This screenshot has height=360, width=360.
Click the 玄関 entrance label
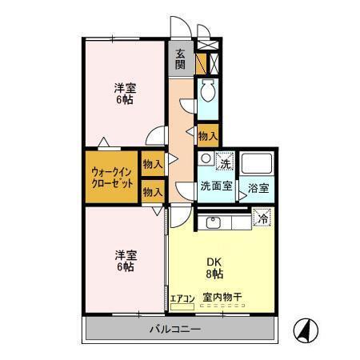(181, 61)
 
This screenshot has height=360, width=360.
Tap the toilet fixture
(208, 93)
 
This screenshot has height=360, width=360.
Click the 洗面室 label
(215, 186)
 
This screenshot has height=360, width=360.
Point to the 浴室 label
(258, 188)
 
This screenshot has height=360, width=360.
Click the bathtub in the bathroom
(258, 165)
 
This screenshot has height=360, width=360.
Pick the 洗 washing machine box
(225, 162)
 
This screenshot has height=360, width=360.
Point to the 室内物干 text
(221, 298)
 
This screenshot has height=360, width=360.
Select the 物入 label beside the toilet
(208, 137)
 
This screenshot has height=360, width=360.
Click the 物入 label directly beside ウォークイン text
(152, 163)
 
